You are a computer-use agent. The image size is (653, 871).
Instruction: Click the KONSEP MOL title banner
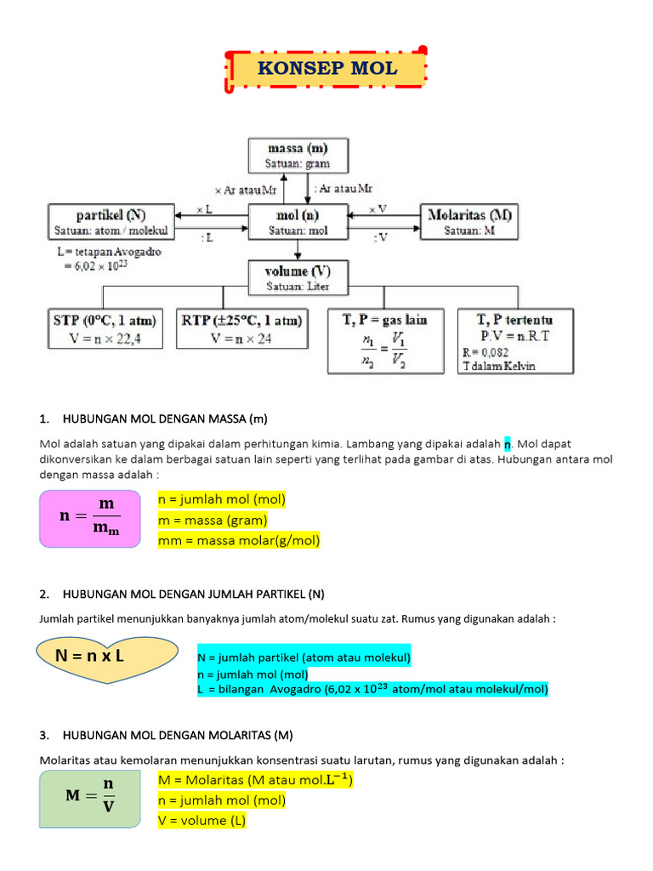click(x=326, y=69)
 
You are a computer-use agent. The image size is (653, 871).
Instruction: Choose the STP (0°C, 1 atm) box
click(x=103, y=329)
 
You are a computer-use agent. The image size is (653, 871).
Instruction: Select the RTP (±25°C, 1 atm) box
click(x=241, y=329)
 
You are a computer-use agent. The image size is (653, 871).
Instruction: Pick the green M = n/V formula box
click(x=90, y=799)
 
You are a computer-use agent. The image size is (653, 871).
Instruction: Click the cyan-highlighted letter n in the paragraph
click(x=508, y=444)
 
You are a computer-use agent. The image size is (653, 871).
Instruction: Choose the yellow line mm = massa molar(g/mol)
click(x=239, y=540)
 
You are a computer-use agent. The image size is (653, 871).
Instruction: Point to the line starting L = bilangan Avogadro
click(x=372, y=689)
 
